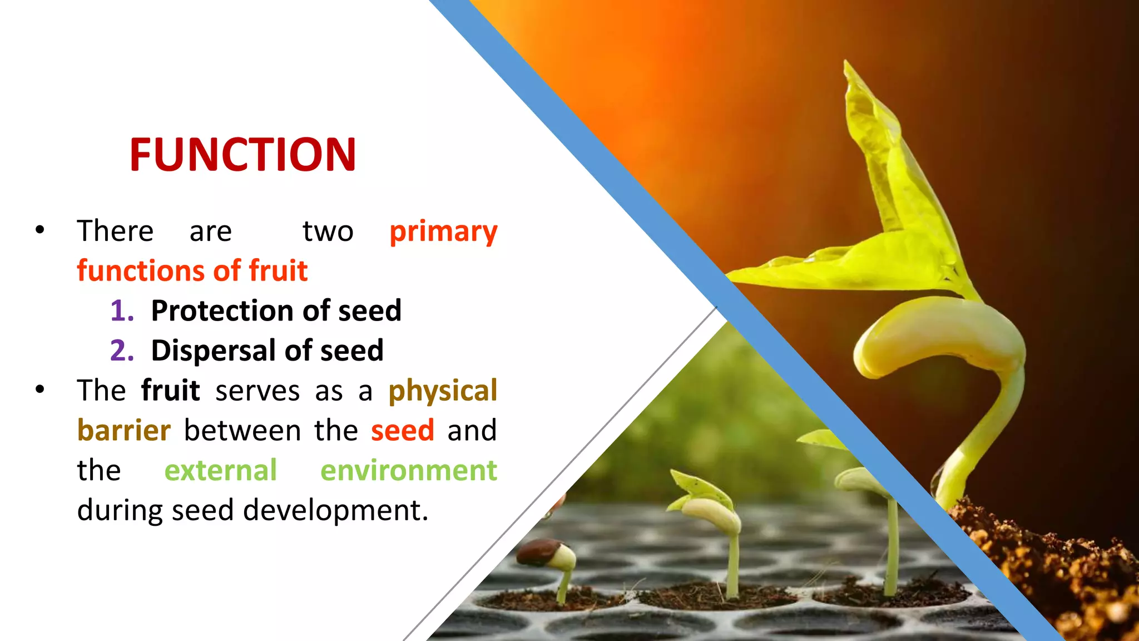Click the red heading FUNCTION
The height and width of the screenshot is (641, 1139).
point(242,155)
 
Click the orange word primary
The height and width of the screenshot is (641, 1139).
point(443,231)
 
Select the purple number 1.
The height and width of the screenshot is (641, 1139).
point(121,311)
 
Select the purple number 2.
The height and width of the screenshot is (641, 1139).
point(122,351)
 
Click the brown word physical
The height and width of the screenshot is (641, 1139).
point(443,391)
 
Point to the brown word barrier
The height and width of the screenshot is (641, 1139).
point(124,431)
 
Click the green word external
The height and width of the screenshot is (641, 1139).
point(220,471)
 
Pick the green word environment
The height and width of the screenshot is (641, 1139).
point(409,471)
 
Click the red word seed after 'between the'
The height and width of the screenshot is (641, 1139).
point(403,431)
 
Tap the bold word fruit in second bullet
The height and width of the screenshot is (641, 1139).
point(170,391)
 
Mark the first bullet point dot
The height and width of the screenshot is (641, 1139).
point(39,229)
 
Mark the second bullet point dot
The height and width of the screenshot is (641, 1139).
point(39,389)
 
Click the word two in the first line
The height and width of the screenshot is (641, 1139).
point(328,231)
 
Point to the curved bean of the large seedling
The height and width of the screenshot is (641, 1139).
point(940,334)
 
